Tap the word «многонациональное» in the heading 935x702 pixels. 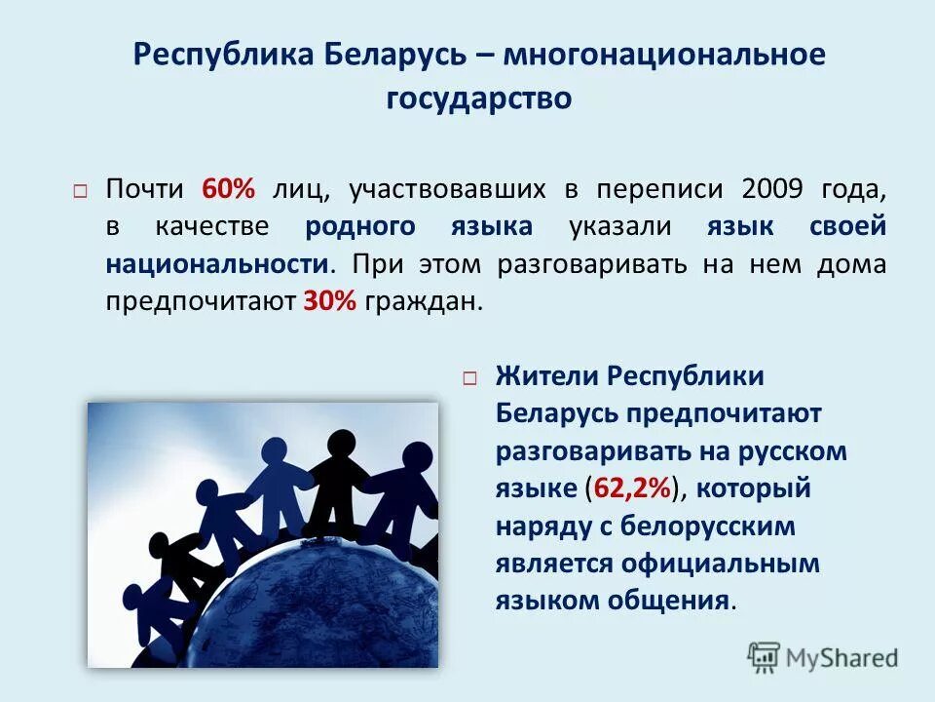(x=664, y=55)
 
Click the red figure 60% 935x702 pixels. (x=228, y=189)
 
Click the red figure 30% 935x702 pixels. (x=330, y=302)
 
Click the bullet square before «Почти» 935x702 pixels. (x=80, y=191)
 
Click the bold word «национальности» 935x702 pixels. (x=216, y=264)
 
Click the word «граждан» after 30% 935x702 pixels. (x=424, y=302)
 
